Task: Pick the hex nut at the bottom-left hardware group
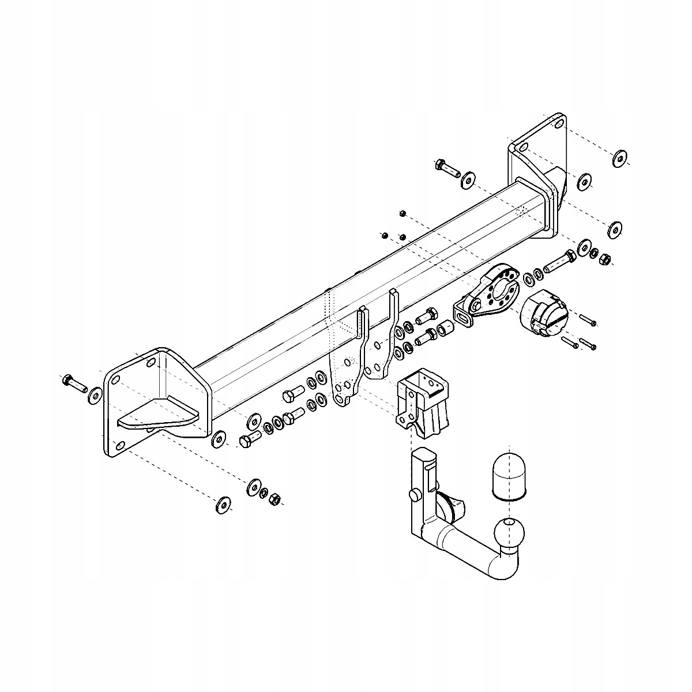tap(276, 498)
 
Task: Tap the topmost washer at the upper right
tap(620, 157)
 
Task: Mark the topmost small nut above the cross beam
tap(403, 214)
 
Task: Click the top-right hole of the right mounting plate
tap(558, 123)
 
